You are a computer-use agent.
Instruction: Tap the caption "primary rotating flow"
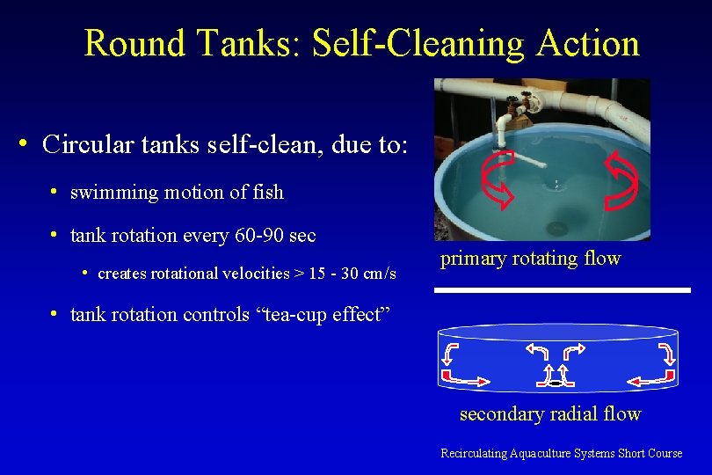[x=530, y=259]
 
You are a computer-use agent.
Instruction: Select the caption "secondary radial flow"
[x=550, y=414]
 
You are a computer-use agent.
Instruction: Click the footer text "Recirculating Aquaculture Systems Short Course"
[x=561, y=454]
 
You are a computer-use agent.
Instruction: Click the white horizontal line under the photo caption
[x=563, y=290]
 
